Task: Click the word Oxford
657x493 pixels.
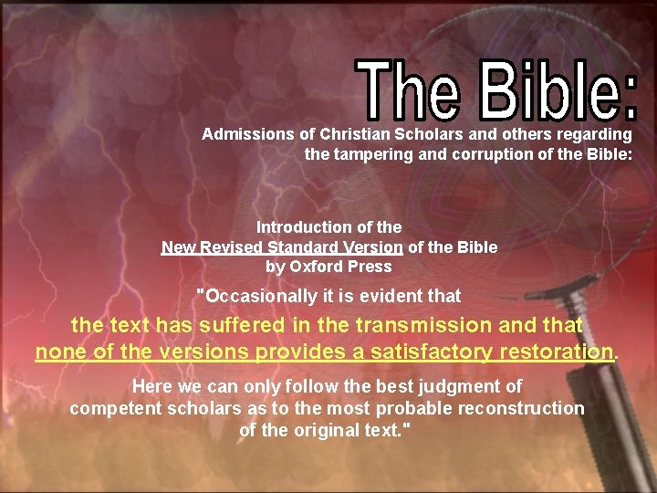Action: (x=319, y=267)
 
